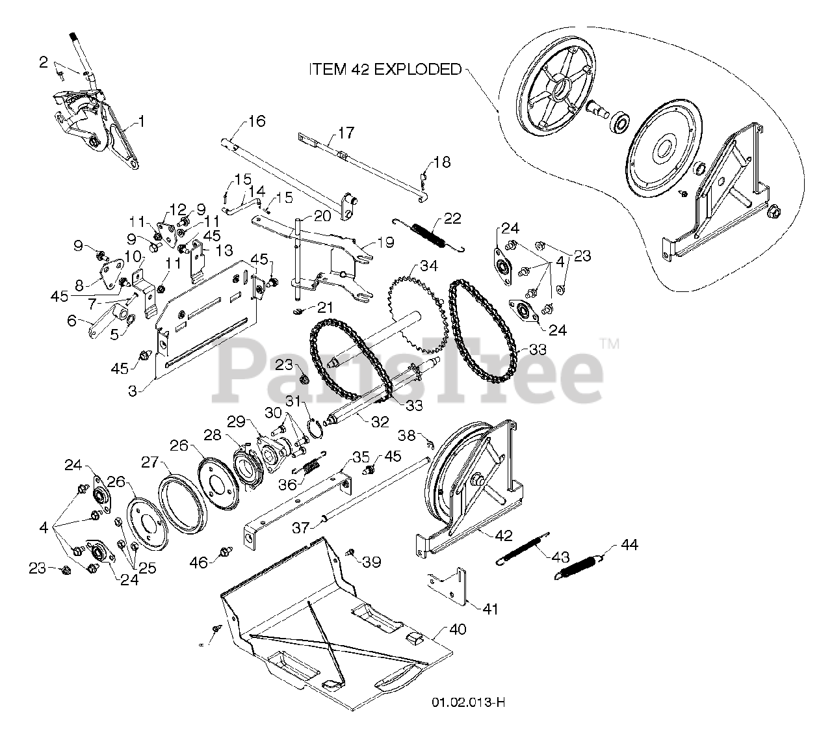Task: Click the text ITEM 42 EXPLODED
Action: click(385, 69)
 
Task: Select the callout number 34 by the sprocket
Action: click(428, 265)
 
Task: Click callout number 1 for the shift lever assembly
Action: click(142, 122)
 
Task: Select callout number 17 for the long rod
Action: click(346, 134)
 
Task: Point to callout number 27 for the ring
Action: click(150, 462)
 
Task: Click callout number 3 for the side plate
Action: click(132, 391)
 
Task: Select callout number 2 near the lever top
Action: click(44, 62)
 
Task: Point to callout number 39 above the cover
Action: click(372, 561)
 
